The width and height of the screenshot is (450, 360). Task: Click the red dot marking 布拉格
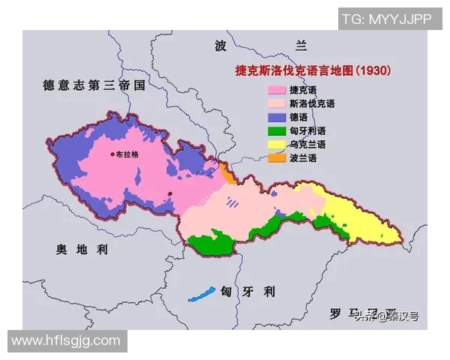pos(112,154)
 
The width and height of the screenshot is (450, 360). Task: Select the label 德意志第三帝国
pos(94,86)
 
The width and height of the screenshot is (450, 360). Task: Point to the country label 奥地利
pos(82,250)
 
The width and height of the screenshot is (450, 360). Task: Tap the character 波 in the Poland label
pos(220,46)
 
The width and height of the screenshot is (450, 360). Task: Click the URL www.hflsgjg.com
pos(66,340)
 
